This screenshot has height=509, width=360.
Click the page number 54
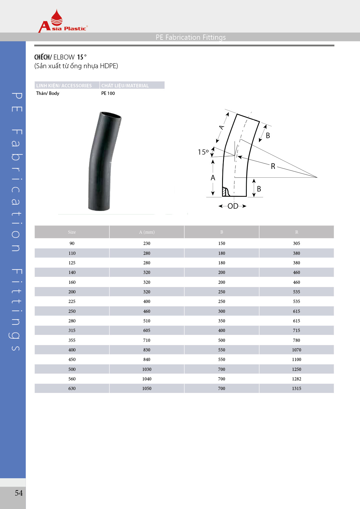(x=19, y=493)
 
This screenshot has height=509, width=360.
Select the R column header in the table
(x=296, y=232)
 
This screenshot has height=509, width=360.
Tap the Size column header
(x=72, y=232)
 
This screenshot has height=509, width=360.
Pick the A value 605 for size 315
(x=147, y=330)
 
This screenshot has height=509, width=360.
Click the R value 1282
(x=296, y=379)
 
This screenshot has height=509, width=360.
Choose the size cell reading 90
(x=72, y=243)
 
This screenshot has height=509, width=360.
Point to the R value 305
(x=296, y=243)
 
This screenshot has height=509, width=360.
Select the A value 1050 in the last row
(x=147, y=388)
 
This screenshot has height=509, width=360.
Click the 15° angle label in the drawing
(x=203, y=152)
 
